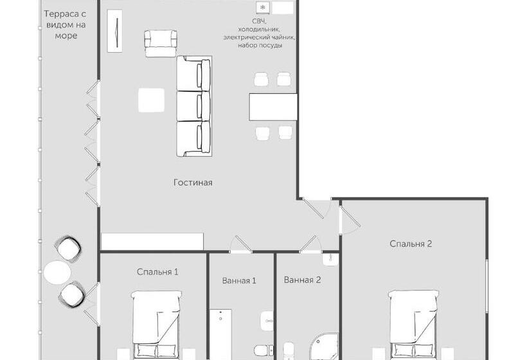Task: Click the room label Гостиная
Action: (x=193, y=183)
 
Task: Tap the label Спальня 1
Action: (x=157, y=271)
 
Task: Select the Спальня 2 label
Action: (x=411, y=244)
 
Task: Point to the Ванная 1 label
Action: (x=239, y=280)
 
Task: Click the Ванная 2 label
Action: (x=303, y=280)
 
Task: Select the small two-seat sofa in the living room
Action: (x=161, y=44)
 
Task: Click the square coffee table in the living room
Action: (x=151, y=100)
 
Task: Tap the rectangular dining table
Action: (x=273, y=107)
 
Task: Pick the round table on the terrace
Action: (x=57, y=273)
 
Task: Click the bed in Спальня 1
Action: (x=156, y=325)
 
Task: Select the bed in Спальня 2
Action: (x=414, y=325)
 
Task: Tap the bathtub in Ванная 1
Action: (x=221, y=334)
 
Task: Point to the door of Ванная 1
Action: (x=241, y=244)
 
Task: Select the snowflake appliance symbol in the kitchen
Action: (x=263, y=7)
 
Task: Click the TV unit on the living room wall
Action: (x=114, y=31)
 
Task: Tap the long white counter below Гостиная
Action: (x=152, y=241)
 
